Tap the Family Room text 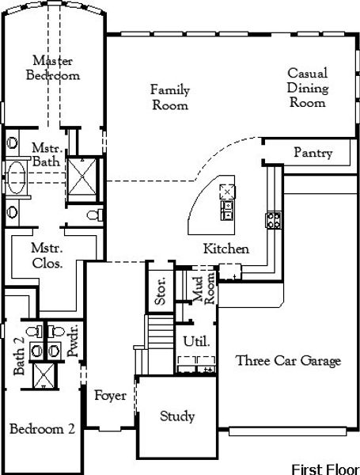(169, 97)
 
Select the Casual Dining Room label (308, 87)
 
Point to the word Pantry (313, 153)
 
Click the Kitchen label (226, 249)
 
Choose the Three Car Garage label (288, 361)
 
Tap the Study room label (177, 416)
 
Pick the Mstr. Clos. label (47, 256)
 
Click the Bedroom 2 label (42, 429)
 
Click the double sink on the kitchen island (228, 208)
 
